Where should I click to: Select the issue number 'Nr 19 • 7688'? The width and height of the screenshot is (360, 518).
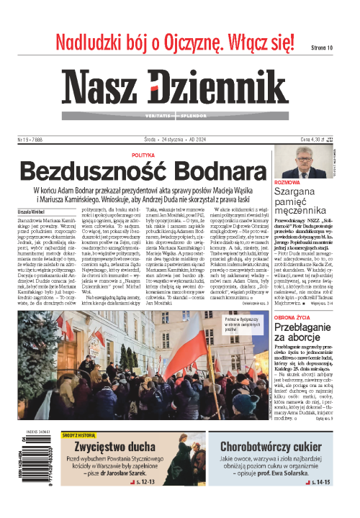click(x=30, y=140)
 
